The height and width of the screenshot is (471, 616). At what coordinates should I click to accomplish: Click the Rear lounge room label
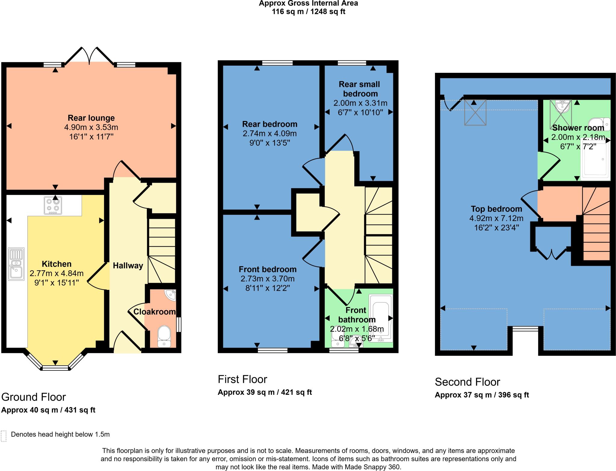tap(91, 118)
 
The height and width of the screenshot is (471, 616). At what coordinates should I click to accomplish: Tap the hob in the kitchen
tap(53, 205)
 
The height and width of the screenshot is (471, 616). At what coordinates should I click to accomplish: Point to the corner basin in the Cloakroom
tap(171, 295)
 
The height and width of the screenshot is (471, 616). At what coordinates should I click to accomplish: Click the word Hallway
tap(128, 265)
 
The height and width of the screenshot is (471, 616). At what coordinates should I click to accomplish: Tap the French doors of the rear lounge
tap(89, 56)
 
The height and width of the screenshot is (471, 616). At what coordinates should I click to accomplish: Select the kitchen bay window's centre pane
tap(55, 367)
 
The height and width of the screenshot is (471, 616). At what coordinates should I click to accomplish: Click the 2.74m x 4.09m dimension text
tap(269, 133)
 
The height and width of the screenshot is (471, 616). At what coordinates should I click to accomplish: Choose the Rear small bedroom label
tap(359, 89)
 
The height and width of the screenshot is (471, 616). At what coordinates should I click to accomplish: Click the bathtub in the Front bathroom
tap(381, 317)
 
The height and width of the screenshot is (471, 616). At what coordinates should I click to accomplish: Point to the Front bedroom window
tap(273, 350)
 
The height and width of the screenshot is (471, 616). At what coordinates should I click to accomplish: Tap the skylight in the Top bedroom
tap(475, 113)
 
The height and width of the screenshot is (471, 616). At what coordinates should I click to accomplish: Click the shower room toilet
tap(599, 124)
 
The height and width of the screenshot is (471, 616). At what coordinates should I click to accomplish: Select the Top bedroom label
tap(496, 209)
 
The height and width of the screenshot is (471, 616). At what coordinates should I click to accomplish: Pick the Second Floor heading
tap(467, 382)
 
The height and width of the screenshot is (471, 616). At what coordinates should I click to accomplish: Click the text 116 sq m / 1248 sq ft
tap(308, 12)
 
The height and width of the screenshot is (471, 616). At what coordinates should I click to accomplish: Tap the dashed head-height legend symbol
tap(4, 436)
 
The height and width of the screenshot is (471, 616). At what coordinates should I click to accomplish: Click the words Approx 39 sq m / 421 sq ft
tap(265, 392)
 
